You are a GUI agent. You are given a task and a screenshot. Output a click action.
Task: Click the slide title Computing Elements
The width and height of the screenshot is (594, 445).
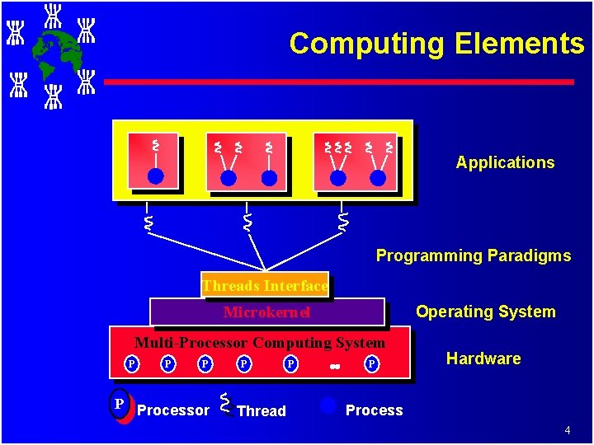point(436,44)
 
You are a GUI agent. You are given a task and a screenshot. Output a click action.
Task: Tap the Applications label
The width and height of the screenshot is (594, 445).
point(505,162)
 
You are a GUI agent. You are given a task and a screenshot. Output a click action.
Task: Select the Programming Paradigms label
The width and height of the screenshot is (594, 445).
point(473,255)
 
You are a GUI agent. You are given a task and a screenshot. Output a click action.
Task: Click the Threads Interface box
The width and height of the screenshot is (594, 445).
point(265,286)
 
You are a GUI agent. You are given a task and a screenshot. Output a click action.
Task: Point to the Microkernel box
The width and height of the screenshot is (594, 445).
point(266,312)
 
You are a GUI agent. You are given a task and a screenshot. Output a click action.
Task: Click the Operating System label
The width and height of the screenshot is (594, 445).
point(485,311)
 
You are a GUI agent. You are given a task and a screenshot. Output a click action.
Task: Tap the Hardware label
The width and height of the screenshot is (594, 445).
point(483,358)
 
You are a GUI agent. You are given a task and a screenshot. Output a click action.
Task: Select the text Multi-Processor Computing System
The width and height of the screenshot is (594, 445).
point(260,343)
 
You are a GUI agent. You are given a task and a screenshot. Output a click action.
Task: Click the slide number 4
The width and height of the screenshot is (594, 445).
point(568,430)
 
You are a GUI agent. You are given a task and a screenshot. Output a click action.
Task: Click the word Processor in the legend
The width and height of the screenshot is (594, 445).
point(173,410)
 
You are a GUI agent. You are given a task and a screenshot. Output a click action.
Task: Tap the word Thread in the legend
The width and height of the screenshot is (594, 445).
point(261,411)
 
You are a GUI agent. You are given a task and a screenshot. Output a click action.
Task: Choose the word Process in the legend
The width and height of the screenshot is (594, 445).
point(375,410)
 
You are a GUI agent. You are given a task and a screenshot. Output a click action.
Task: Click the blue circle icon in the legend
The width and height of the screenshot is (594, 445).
point(328,405)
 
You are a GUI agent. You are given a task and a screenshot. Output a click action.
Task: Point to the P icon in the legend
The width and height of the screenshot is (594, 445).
point(120,404)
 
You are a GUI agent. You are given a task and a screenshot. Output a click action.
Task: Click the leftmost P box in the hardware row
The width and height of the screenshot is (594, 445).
point(130,363)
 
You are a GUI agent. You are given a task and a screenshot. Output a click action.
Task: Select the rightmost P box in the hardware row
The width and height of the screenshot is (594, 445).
point(372,363)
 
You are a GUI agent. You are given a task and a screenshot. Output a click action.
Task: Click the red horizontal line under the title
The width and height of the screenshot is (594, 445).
point(338,82)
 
